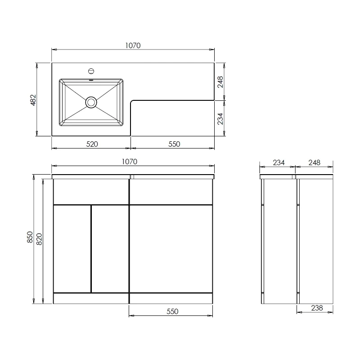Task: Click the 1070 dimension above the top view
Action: (133, 45)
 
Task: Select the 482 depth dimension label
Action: (33, 99)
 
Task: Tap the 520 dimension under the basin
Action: (92, 144)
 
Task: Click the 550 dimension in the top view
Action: (174, 144)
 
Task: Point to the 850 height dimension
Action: (30, 237)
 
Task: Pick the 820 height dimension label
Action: (39, 239)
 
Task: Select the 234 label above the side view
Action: (279, 162)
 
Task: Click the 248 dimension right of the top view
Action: (220, 82)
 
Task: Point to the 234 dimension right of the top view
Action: (220, 118)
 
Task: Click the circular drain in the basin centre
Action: (91, 102)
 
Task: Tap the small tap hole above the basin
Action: (91, 71)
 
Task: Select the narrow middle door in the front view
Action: (110, 248)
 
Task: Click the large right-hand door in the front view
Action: (171, 248)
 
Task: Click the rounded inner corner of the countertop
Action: (132, 102)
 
